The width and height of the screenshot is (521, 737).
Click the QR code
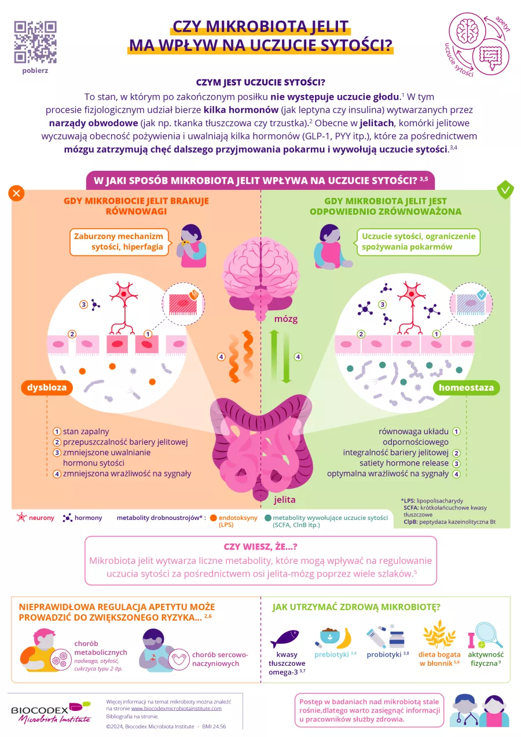coord(35,42)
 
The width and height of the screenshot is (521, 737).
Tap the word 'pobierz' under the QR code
coord(35,71)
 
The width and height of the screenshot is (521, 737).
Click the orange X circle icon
coord(17,193)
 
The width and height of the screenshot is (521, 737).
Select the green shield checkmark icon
coord(505,190)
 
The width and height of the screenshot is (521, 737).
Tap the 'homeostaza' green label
coord(467,387)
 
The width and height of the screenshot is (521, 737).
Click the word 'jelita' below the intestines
coord(284,499)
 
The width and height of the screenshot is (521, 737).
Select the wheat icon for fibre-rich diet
coord(438,637)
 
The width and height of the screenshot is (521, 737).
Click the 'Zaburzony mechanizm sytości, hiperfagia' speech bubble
coord(120,242)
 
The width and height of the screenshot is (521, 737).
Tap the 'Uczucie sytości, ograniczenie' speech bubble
coord(419,242)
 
